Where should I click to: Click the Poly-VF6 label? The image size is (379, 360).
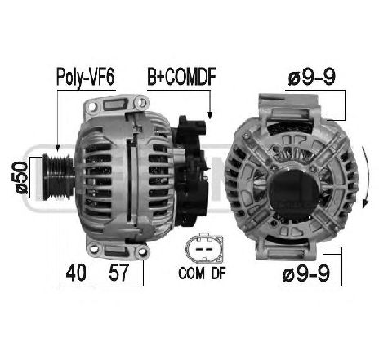(x=84, y=78)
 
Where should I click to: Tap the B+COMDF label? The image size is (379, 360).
(x=180, y=78)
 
